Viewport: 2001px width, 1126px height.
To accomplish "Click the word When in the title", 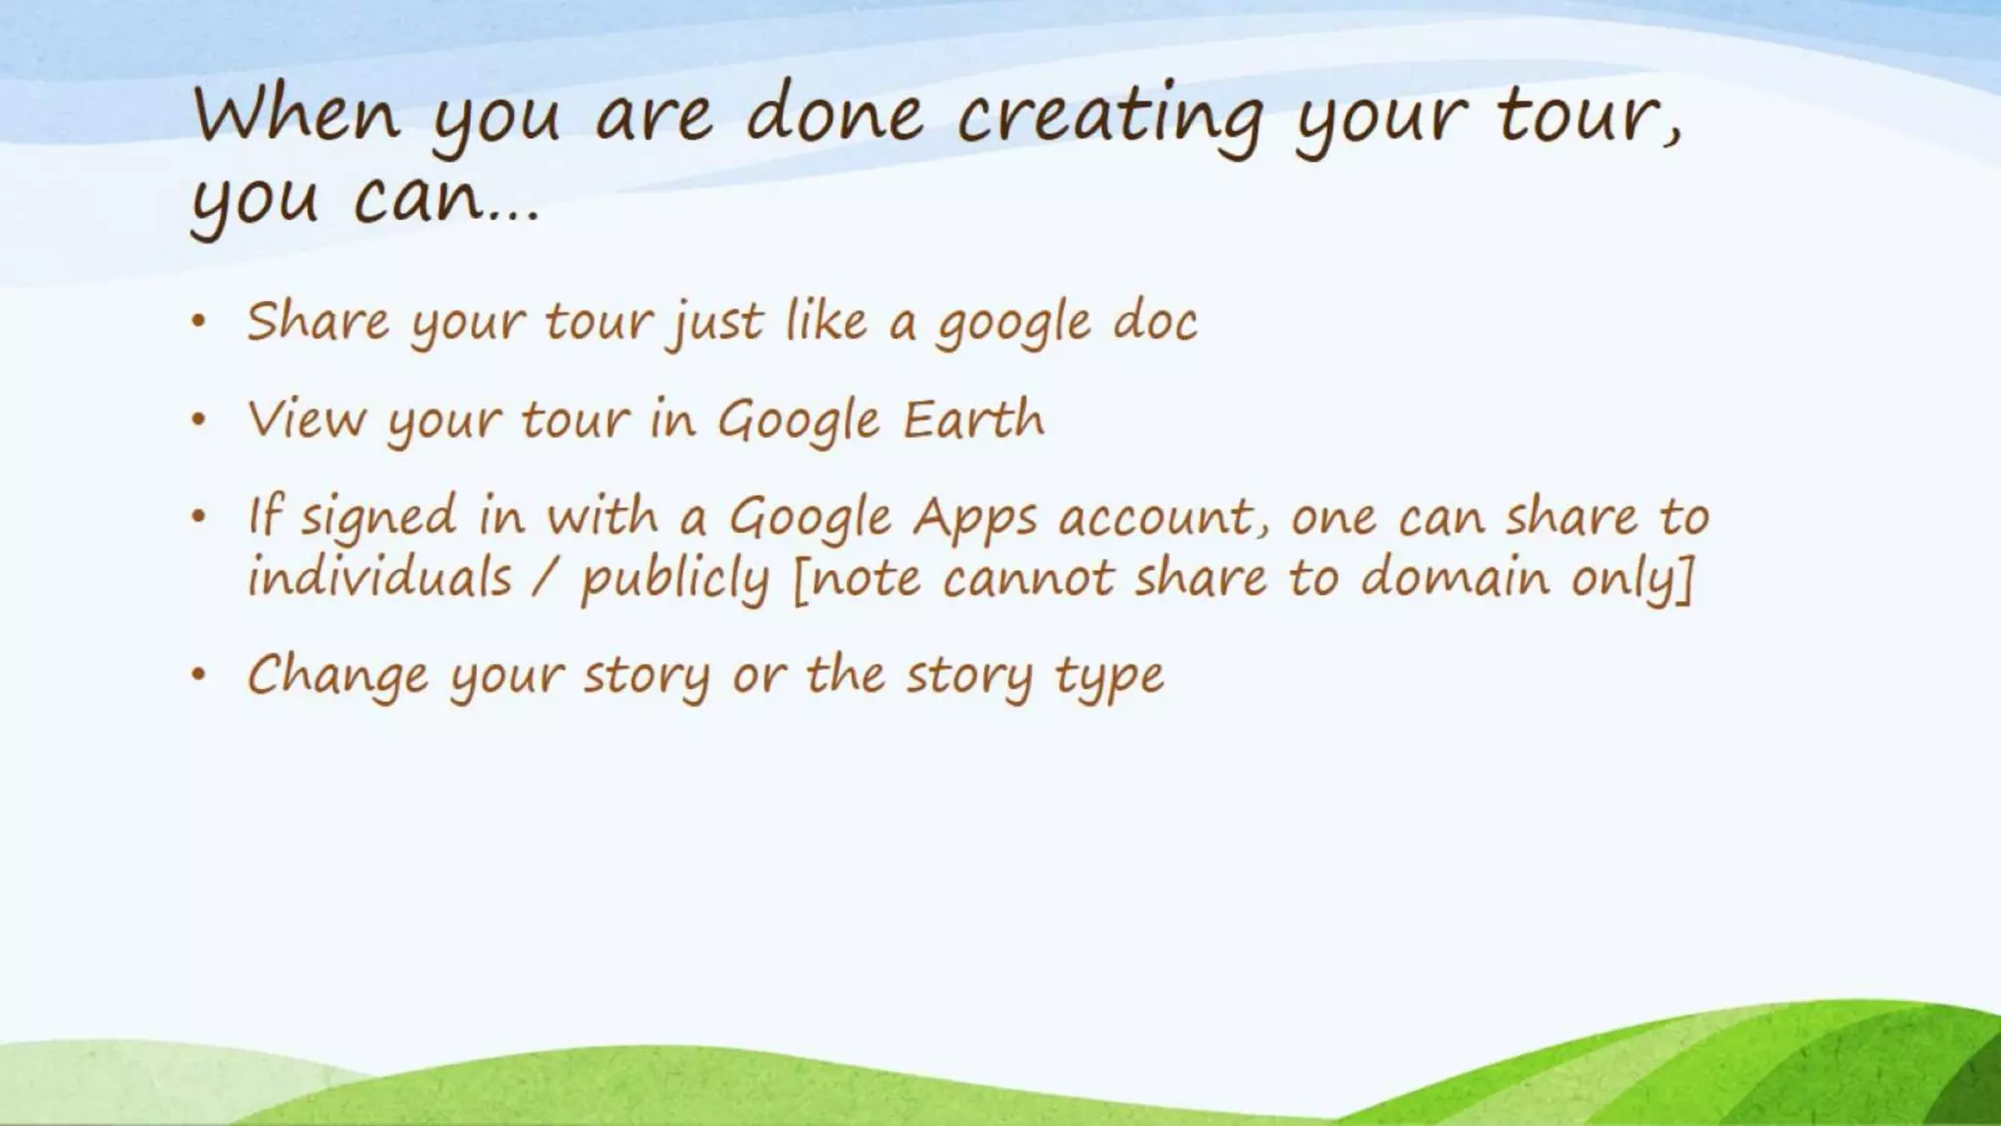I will point(297,114).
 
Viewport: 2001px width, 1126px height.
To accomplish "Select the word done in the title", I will point(834,114).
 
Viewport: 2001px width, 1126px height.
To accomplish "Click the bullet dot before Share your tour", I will point(199,321).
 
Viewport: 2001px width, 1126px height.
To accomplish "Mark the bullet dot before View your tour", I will point(199,419).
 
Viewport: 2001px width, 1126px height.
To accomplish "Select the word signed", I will point(378,517).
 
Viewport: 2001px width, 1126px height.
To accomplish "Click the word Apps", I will point(974,519).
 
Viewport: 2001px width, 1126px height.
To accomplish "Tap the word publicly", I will point(675,581).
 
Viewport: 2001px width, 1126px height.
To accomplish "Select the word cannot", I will point(1028,578).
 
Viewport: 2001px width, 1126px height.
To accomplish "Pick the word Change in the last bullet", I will point(338,676).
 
